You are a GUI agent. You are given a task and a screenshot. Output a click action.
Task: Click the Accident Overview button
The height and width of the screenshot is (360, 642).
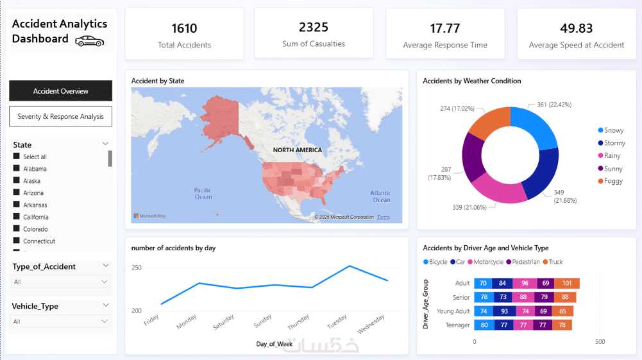coord(61,91)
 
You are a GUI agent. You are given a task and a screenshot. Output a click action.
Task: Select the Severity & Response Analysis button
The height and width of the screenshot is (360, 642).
coord(61,117)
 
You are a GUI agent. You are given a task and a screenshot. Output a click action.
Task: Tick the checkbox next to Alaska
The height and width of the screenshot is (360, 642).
coord(17,181)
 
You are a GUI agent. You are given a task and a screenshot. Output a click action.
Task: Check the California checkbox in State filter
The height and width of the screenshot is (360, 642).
coord(17,217)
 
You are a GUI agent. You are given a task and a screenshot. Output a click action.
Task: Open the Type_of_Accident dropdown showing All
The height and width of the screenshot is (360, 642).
coord(61,282)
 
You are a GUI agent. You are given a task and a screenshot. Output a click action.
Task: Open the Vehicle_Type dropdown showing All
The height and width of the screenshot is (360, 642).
coord(61,321)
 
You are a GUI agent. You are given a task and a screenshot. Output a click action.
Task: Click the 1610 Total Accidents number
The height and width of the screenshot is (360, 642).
coord(184,28)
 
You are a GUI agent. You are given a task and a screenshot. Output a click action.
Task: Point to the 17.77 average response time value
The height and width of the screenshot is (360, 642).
coord(444,28)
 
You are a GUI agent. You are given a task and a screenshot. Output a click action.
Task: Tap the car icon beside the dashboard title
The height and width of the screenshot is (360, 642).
coord(89,41)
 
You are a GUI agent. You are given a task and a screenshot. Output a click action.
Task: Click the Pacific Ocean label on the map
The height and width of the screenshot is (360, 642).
coord(203,193)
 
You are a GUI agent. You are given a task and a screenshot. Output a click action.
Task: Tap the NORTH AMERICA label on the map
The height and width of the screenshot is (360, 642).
coord(297,150)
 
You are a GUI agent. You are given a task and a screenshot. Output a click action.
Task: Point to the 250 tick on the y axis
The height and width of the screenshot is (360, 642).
coord(136,268)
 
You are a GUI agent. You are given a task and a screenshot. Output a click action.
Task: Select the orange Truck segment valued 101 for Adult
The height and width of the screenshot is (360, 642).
coord(566,283)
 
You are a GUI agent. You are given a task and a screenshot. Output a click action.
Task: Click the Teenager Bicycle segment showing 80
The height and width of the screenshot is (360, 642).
coord(484,325)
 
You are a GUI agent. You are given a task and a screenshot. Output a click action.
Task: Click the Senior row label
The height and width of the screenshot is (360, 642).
coord(461,297)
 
